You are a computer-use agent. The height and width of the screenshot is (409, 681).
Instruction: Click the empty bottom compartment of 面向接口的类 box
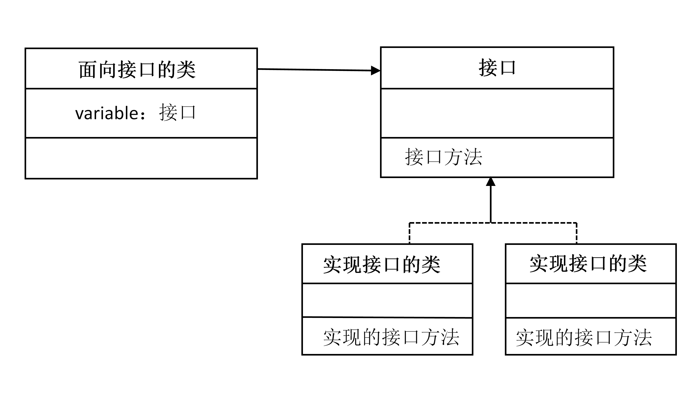coord(141,158)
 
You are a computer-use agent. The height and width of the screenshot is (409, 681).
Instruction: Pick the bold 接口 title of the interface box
coord(497,68)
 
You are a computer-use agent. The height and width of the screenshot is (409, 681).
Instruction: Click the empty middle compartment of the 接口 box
coord(497,113)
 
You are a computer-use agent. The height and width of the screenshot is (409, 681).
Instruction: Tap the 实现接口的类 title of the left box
coord(382,265)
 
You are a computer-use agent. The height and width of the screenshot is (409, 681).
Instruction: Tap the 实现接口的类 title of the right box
coord(588,264)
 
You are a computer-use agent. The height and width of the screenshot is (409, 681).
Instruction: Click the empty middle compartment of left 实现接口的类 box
coord(387,300)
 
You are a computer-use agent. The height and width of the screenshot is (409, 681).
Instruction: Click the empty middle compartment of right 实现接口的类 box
coord(591,300)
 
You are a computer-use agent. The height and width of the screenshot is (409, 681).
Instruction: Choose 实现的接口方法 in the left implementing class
coord(391,337)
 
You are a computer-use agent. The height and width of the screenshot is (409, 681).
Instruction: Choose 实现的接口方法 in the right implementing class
coord(584,337)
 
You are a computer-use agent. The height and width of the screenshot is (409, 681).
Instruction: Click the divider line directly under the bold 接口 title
coord(497,88)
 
